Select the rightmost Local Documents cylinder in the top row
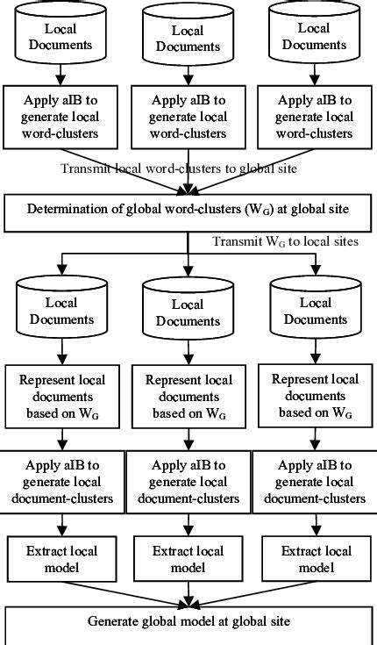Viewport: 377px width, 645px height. [313, 33]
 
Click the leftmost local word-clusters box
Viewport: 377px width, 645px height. [60, 116]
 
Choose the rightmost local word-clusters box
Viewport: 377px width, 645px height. [313, 116]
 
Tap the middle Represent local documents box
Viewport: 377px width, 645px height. [188, 397]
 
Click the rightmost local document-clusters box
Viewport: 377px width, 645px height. [313, 482]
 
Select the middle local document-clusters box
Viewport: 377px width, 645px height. [188, 482]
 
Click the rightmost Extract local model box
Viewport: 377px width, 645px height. [313, 559]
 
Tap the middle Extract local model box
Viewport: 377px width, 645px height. [188, 559]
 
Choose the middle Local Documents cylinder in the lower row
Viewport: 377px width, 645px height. [188, 310]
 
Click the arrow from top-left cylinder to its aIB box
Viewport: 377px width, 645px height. [60, 74]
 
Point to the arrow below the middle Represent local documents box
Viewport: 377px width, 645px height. [188, 437]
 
